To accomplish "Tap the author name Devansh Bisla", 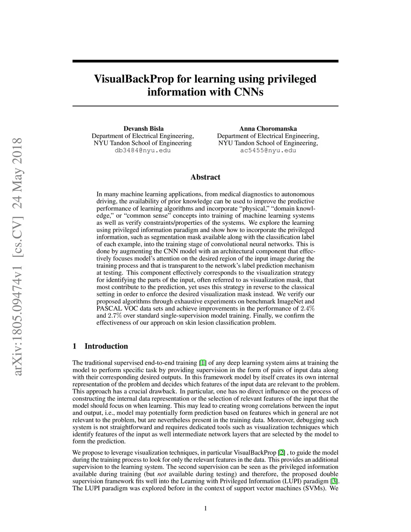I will tap(143, 128).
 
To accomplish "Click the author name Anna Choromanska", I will tap(268, 128).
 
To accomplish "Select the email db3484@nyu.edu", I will tap(142, 151).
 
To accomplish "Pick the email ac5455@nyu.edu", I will tap(268, 151).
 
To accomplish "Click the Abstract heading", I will tap(205, 177).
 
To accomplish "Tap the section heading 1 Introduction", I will tap(100, 346).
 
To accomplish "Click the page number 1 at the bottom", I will tap(205, 509).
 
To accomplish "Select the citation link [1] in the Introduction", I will tap(203, 363).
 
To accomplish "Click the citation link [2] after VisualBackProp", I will tap(282, 453).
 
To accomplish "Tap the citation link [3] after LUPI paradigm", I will tap(334, 481).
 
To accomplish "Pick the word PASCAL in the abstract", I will tap(108, 308).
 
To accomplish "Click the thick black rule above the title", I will tap(205, 61).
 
